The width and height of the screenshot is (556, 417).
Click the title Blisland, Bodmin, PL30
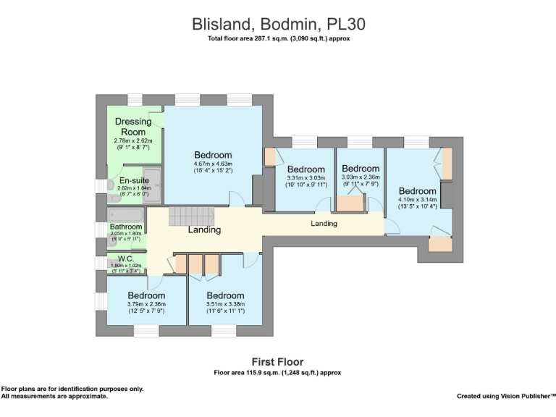(278, 24)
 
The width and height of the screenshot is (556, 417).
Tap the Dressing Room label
(133, 127)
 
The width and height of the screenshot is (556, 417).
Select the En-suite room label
(133, 181)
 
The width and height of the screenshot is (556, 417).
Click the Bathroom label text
(126, 227)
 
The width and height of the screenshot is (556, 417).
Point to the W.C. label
(125, 258)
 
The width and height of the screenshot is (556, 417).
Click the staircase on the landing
(185, 215)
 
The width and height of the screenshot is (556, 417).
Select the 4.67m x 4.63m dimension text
(213, 164)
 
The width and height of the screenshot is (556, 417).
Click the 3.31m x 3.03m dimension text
(306, 177)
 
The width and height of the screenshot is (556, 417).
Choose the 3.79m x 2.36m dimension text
(147, 305)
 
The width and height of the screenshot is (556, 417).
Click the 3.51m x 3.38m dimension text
(225, 305)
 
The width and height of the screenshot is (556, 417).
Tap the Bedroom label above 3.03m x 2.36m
(361, 169)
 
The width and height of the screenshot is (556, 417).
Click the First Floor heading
(277, 361)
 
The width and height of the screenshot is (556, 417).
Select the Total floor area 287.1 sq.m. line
(278, 38)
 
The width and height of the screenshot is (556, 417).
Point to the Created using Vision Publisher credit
(505, 396)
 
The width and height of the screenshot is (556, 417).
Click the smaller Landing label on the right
(324, 224)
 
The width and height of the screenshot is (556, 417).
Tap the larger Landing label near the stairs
(204, 230)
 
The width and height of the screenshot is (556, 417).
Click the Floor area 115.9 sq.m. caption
(277, 372)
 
